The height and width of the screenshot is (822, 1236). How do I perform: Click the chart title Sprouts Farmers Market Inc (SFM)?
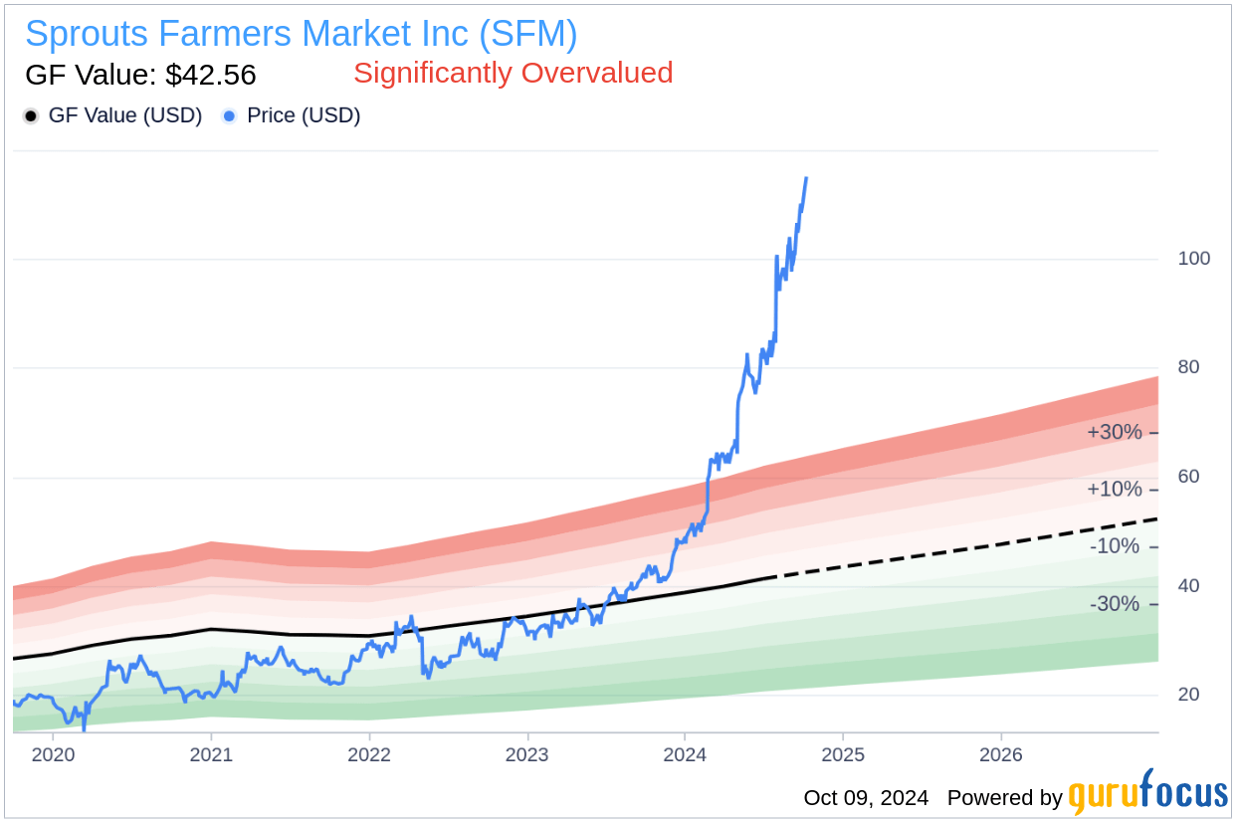pos(301,34)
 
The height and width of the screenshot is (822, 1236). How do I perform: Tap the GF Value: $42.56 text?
pos(140,75)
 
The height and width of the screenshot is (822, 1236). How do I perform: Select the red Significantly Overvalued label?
pos(513,73)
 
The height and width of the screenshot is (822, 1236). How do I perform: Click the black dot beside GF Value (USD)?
pos(31,116)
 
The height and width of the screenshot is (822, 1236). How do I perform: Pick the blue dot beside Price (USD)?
pos(229,116)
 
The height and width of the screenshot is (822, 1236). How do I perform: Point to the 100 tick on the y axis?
pos(1194,259)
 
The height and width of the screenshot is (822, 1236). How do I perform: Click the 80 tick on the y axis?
pos(1189,367)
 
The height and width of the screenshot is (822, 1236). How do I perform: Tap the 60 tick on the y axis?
pos(1189,477)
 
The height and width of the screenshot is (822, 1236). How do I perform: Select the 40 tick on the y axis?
pos(1189,586)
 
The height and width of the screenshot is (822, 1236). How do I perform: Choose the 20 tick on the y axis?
pos(1189,695)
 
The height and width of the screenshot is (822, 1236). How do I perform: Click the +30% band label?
pos(1115,433)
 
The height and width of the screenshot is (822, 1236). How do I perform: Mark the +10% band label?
pos(1115,490)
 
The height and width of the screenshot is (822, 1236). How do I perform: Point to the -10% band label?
pos(1115,546)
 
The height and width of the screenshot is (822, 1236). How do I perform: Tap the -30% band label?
pos(1115,604)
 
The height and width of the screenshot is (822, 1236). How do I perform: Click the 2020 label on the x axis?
pos(53,754)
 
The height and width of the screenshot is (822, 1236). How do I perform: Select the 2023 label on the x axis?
pos(526,754)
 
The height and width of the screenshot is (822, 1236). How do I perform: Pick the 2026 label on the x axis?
pos(1001,754)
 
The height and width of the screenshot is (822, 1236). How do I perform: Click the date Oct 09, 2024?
pos(866,798)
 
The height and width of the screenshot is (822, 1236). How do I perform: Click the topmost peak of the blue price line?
pos(806,178)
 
